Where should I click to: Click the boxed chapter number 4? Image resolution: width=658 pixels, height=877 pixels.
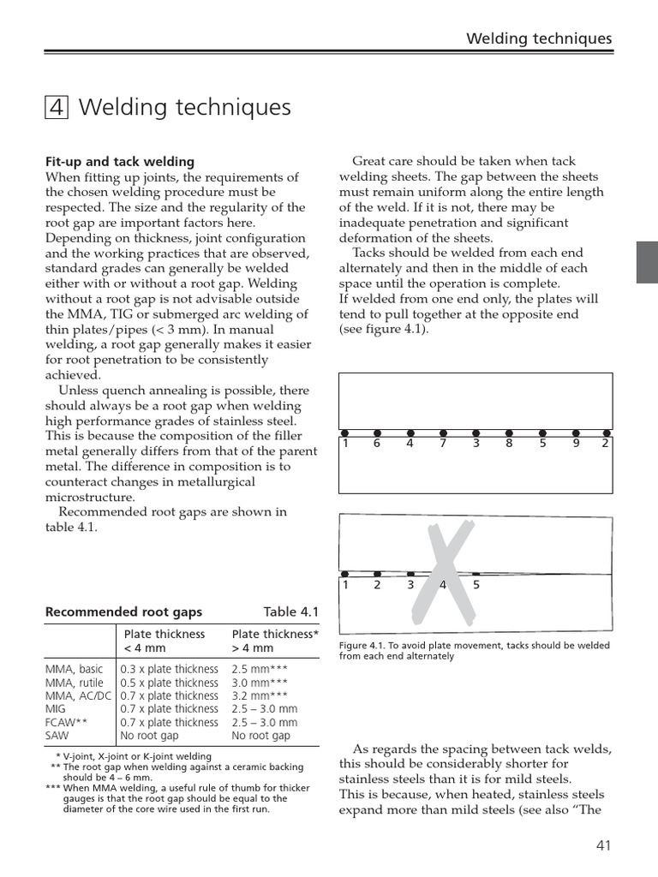click(56, 108)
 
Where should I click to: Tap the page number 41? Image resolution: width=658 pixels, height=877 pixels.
click(603, 845)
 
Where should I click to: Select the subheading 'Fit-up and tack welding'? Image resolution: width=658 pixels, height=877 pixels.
click(119, 161)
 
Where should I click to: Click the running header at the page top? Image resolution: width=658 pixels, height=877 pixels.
click(538, 39)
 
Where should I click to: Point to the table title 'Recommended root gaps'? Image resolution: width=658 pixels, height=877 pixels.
click(123, 612)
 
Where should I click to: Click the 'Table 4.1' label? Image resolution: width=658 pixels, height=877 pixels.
click(290, 612)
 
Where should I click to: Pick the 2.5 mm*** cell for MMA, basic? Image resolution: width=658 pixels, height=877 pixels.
click(261, 670)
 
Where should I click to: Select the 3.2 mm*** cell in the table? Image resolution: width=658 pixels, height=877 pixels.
click(261, 696)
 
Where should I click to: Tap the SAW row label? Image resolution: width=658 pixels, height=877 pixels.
click(57, 736)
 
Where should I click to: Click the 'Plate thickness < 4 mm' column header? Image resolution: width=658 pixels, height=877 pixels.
click(164, 641)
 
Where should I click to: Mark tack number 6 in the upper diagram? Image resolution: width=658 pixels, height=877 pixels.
click(376, 444)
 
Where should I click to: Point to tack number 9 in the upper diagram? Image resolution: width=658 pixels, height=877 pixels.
click(576, 444)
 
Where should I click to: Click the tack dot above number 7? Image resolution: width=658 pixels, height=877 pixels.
click(443, 433)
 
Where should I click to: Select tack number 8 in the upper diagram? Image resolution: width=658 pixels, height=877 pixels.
click(509, 444)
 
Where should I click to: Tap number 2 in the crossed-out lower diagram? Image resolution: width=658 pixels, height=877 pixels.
click(378, 586)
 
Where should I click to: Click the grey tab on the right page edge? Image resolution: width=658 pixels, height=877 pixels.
click(647, 262)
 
